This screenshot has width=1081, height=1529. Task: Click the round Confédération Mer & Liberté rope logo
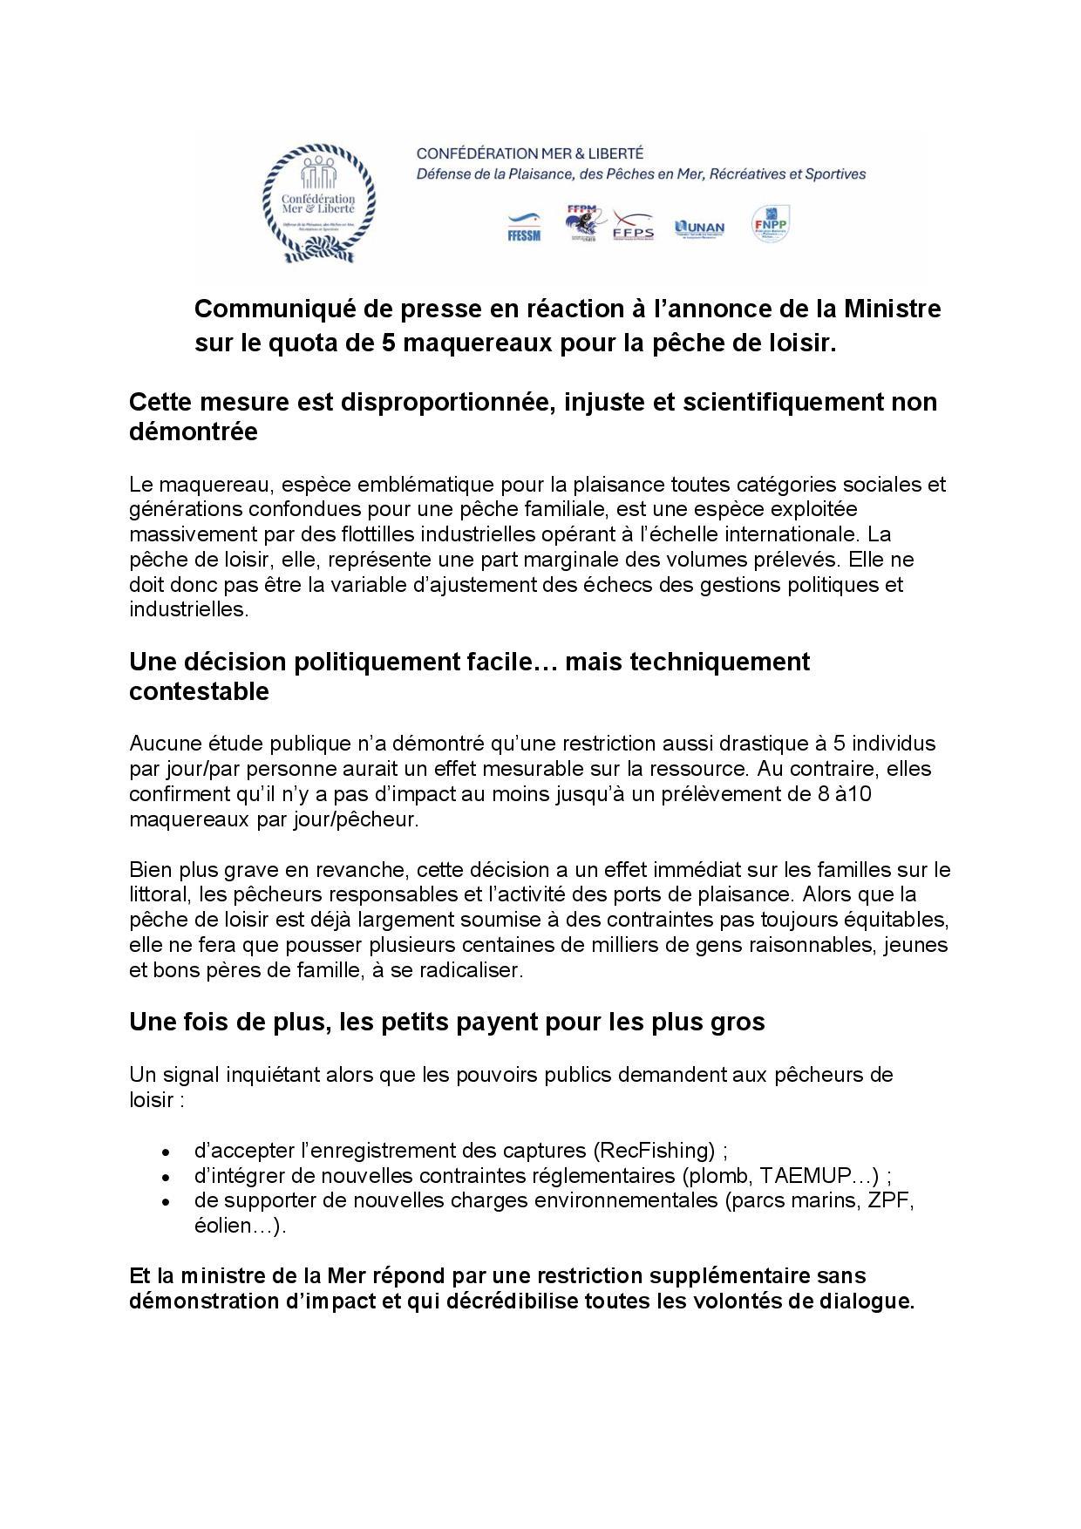coord(319,203)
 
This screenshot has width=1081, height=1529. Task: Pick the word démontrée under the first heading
coord(193,432)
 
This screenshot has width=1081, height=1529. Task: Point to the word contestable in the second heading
coord(199,691)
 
